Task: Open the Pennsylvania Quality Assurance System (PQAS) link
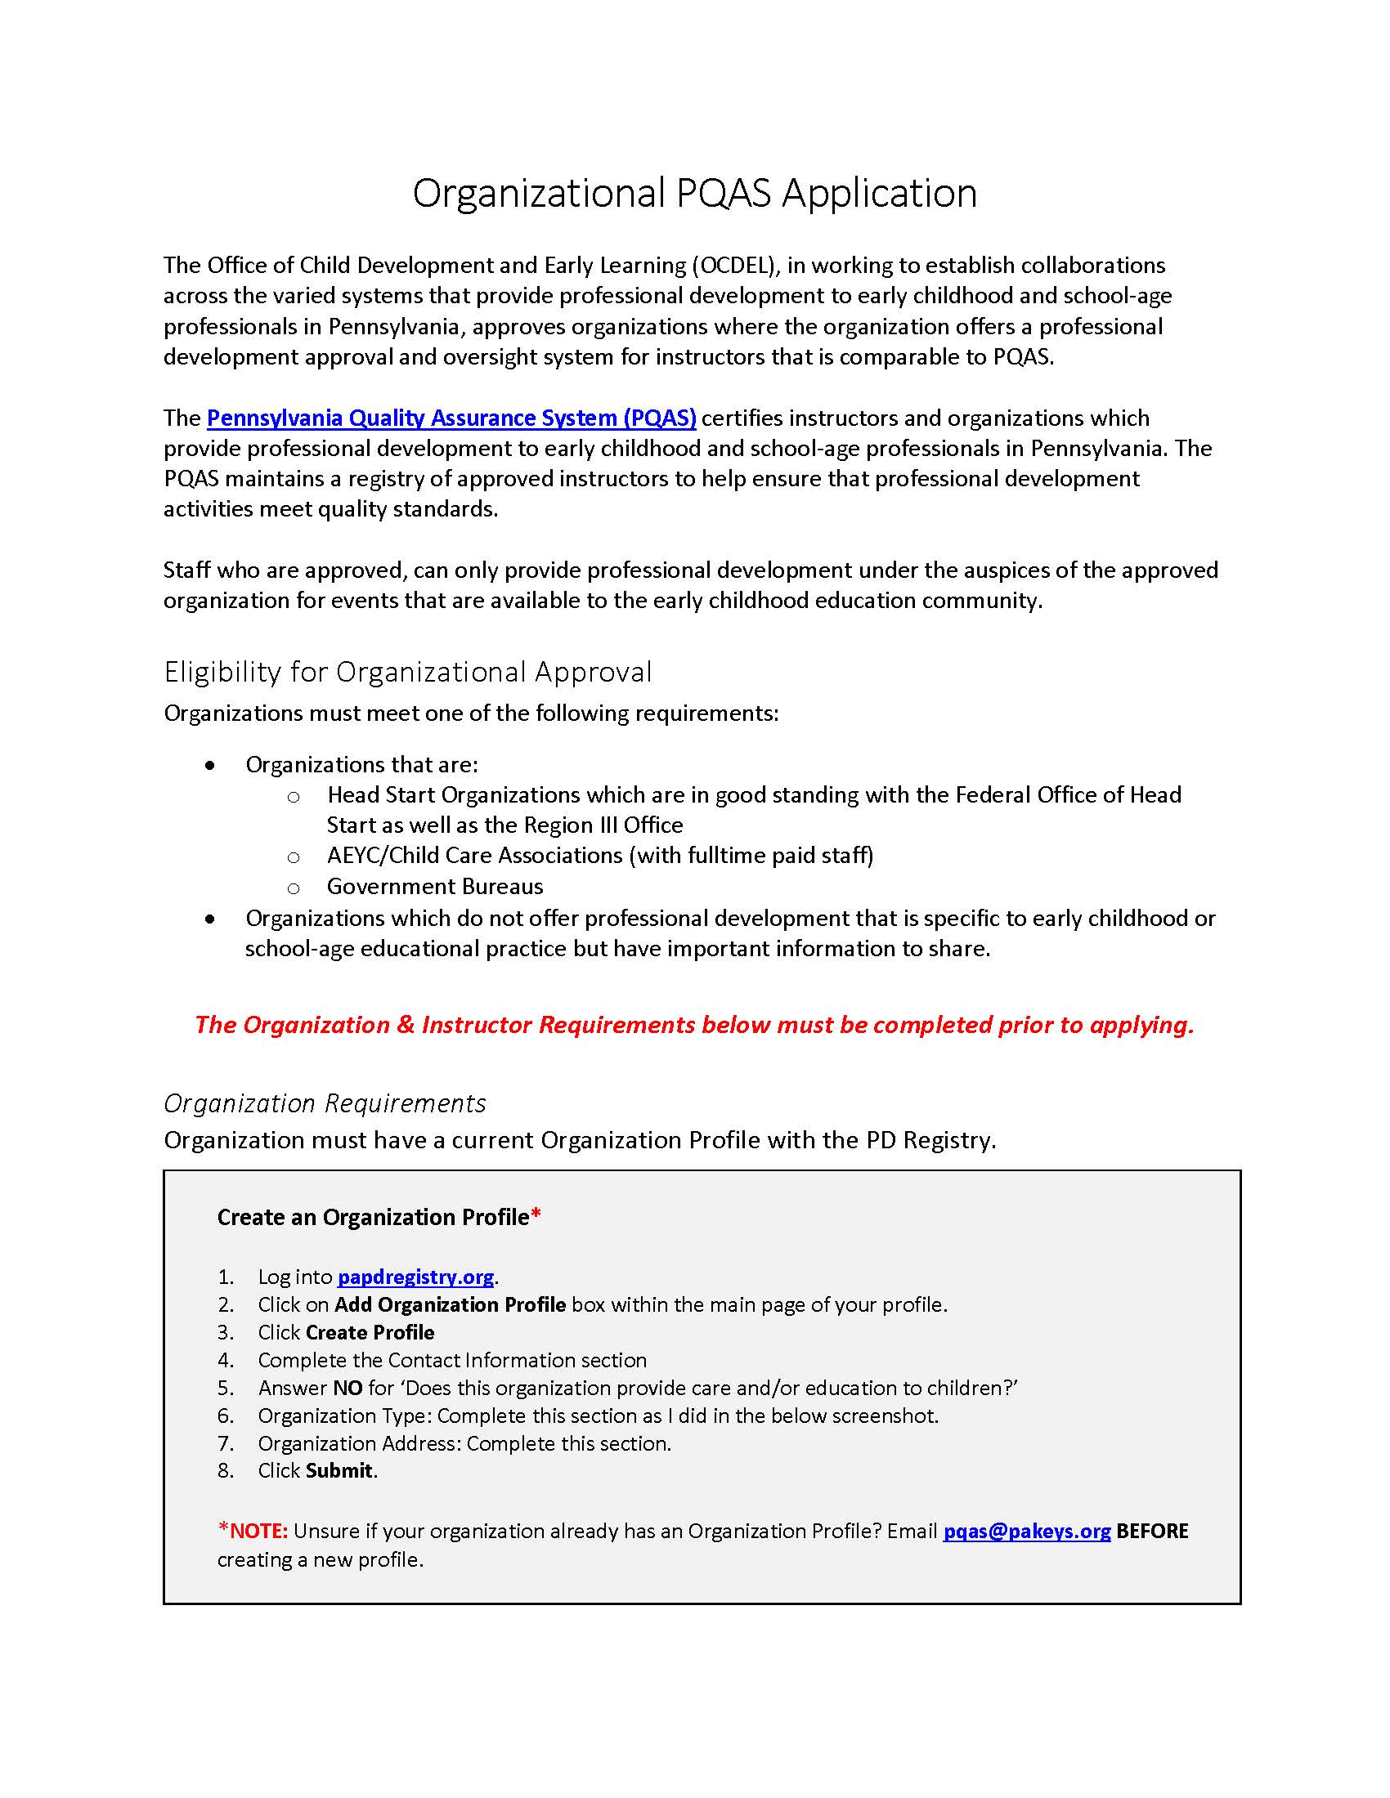pyautogui.click(x=451, y=418)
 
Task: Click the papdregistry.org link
pyautogui.click(x=416, y=1277)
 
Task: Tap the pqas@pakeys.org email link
pyautogui.click(x=1026, y=1532)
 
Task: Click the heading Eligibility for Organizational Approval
pyautogui.click(x=408, y=672)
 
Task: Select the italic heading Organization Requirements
pyautogui.click(x=325, y=1103)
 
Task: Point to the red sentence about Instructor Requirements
pyautogui.click(x=694, y=1025)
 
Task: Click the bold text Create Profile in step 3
pyautogui.click(x=370, y=1332)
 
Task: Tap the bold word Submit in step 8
pyautogui.click(x=339, y=1470)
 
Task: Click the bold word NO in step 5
pyautogui.click(x=347, y=1388)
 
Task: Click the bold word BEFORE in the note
pyautogui.click(x=1152, y=1532)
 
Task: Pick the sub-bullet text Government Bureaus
pyautogui.click(x=435, y=887)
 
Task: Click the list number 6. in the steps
pyautogui.click(x=226, y=1416)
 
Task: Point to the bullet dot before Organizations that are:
pyautogui.click(x=211, y=766)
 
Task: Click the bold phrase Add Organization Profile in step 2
pyautogui.click(x=450, y=1305)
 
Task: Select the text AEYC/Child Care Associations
pyautogui.click(x=474, y=856)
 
